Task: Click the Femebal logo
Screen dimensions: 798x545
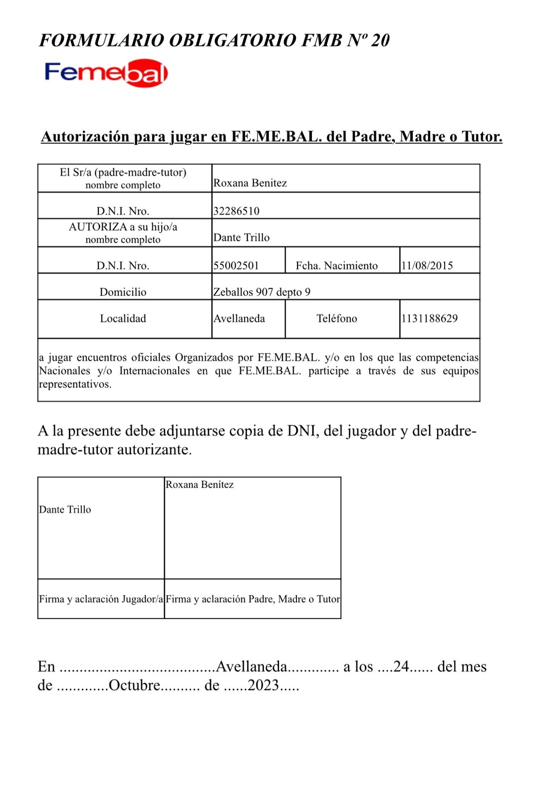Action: click(x=106, y=73)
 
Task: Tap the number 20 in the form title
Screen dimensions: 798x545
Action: click(x=380, y=40)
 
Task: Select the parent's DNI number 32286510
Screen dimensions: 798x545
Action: click(x=236, y=211)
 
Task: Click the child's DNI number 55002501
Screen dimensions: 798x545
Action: click(x=236, y=265)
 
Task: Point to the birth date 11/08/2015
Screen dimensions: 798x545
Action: click(x=427, y=265)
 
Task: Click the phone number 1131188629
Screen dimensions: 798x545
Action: click(x=429, y=318)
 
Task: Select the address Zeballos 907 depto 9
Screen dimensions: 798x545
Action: click(x=262, y=292)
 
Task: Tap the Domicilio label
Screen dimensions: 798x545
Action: click(x=123, y=292)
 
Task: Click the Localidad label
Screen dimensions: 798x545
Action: click(x=123, y=318)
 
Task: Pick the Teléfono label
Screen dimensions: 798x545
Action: click(x=336, y=318)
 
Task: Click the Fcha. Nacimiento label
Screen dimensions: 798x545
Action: click(x=336, y=265)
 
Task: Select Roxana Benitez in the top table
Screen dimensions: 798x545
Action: click(x=250, y=183)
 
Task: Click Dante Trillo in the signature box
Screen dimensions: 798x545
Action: click(x=65, y=509)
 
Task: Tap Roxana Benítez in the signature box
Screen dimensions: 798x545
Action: click(x=200, y=484)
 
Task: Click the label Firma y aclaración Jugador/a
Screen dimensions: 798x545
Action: click(x=101, y=599)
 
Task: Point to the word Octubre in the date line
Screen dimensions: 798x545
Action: click(x=134, y=685)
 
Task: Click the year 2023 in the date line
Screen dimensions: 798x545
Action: click(x=263, y=685)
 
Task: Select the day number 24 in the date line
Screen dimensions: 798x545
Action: click(x=401, y=666)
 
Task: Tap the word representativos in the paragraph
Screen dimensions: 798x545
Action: click(x=75, y=384)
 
